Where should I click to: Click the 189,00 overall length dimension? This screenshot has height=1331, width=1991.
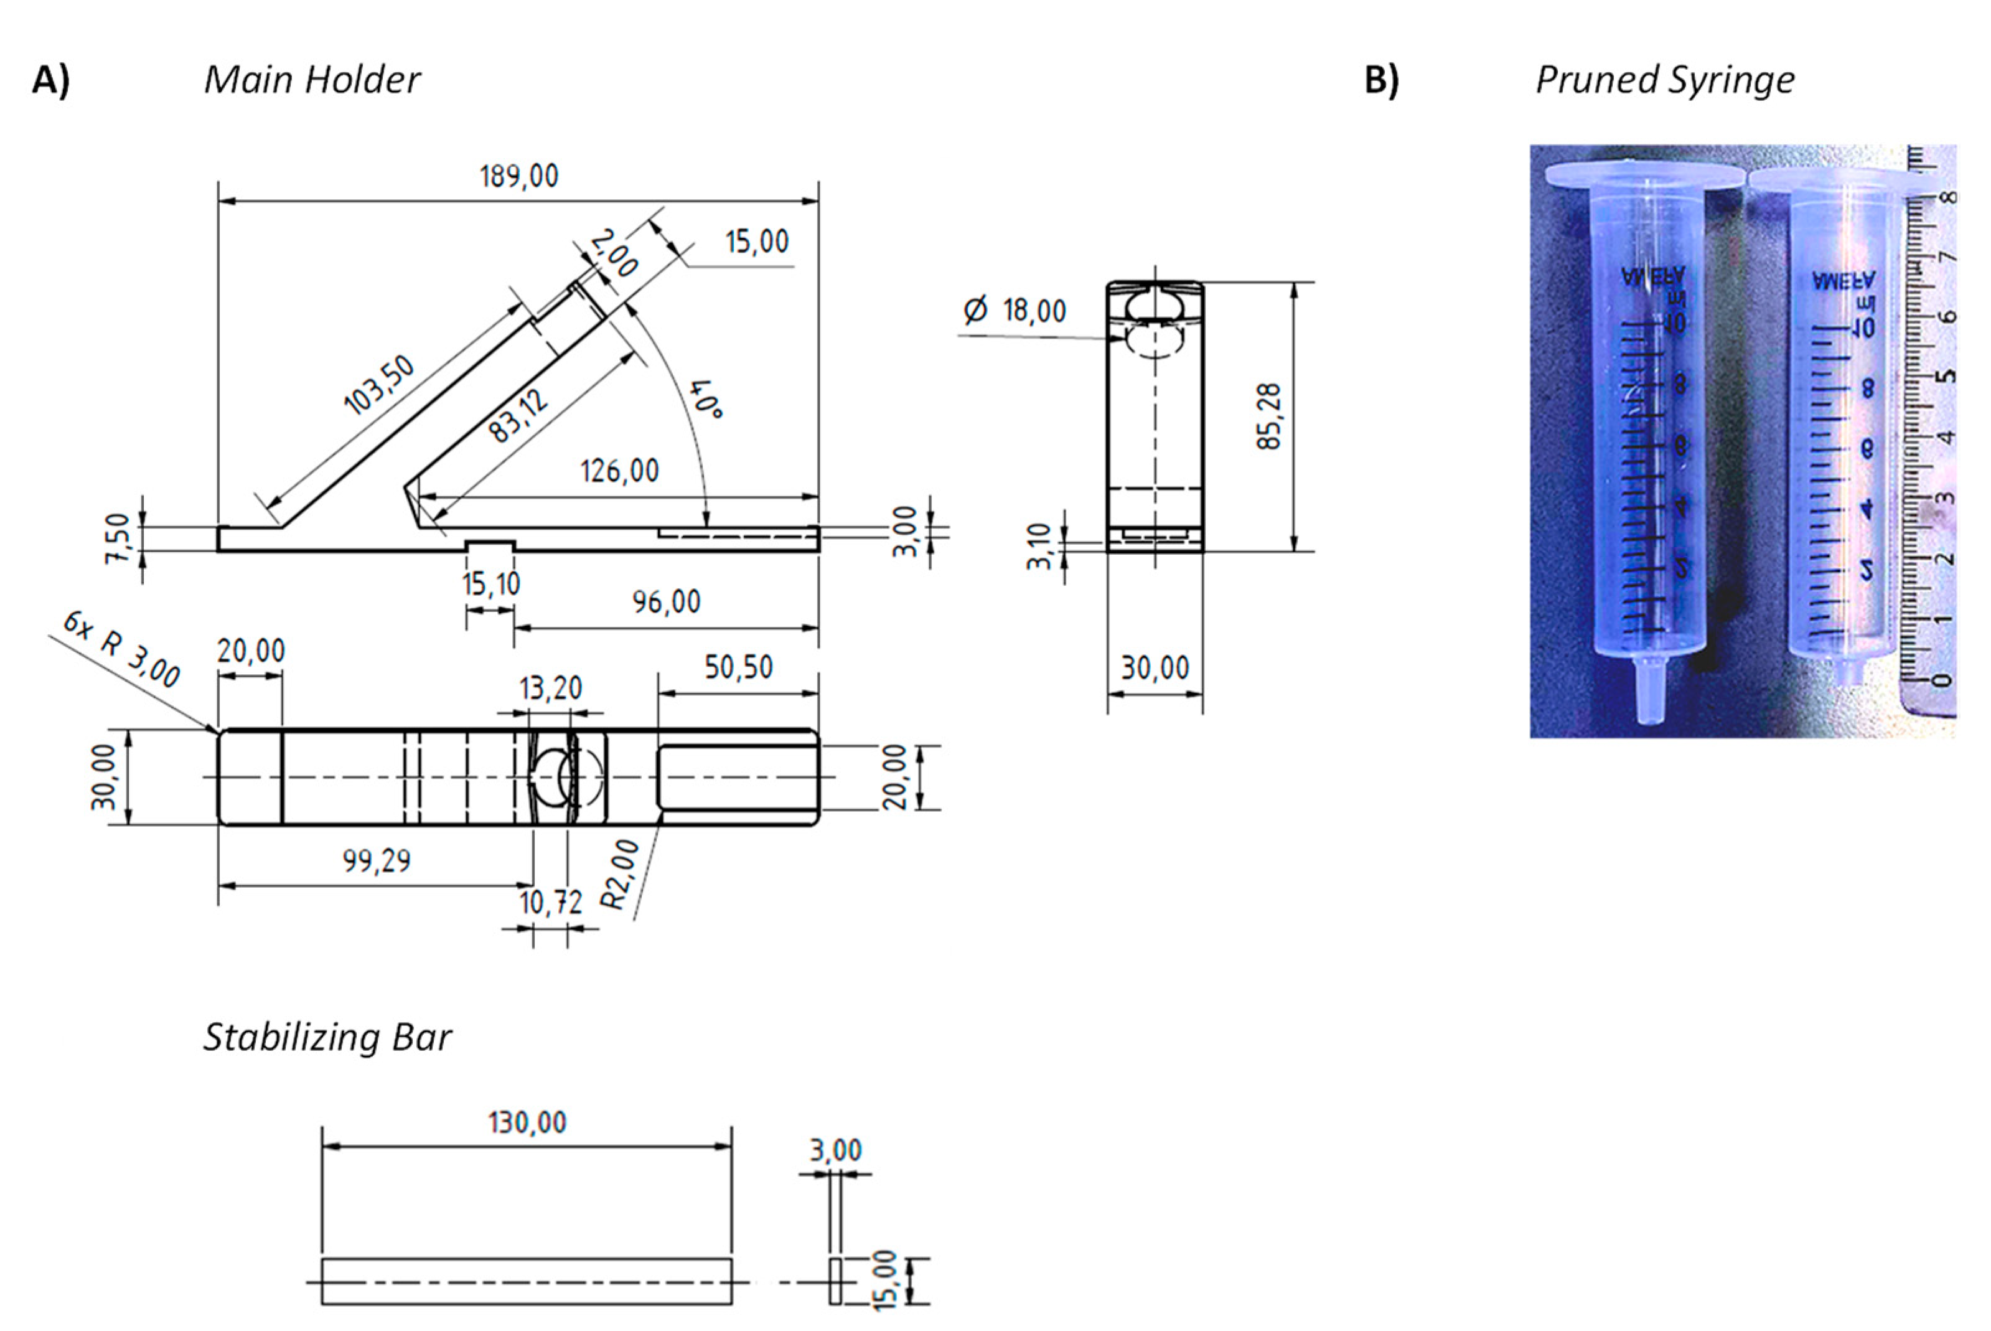pyautogui.click(x=518, y=177)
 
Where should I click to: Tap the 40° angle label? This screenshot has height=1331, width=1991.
pyautogui.click(x=705, y=399)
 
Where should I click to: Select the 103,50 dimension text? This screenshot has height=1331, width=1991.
pyautogui.click(x=378, y=385)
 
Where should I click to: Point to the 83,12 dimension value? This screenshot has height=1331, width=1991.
pyautogui.click(x=518, y=416)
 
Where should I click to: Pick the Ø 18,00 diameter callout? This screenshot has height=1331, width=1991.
pyautogui.click(x=1015, y=311)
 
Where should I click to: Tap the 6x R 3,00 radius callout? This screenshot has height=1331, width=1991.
pyautogui.click(x=121, y=649)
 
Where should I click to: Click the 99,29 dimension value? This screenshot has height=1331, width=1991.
pyautogui.click(x=376, y=861)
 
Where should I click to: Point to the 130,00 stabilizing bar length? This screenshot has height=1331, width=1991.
pyautogui.click(x=527, y=1122)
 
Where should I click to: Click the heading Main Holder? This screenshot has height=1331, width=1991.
pyautogui.click(x=311, y=80)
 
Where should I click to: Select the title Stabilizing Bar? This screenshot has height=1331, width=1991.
pyautogui.click(x=327, y=1037)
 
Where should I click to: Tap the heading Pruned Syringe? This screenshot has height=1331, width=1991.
pyautogui.click(x=1664, y=80)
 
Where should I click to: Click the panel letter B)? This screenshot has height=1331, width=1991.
pyautogui.click(x=1381, y=80)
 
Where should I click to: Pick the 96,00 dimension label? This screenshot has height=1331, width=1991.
pyautogui.click(x=666, y=602)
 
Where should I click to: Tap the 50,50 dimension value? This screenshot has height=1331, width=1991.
pyautogui.click(x=738, y=667)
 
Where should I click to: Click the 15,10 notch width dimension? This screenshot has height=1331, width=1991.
pyautogui.click(x=490, y=584)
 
